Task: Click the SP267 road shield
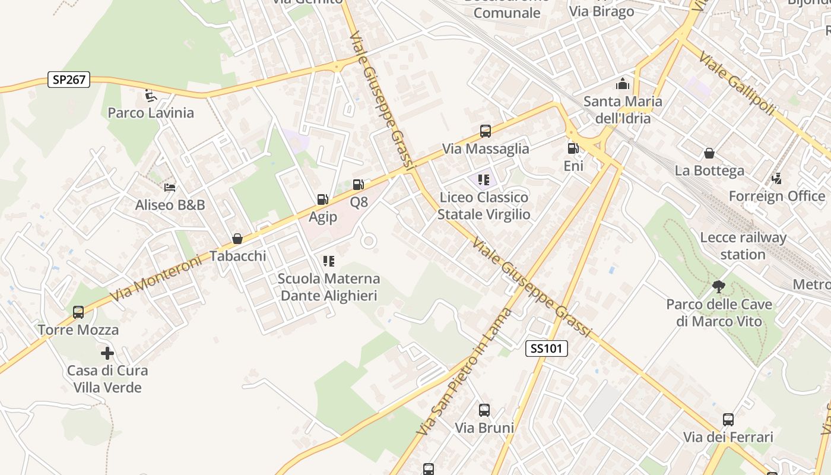69,80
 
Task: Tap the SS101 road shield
546,349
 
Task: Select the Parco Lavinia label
151,113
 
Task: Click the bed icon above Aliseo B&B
170,188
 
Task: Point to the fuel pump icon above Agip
322,199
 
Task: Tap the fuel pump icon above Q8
358,185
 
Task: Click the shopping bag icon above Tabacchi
237,239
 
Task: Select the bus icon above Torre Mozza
78,312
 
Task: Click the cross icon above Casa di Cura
107,353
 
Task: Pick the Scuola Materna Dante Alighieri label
329,287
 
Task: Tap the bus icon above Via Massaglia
485,131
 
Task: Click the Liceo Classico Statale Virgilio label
484,205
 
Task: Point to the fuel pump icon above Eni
573,148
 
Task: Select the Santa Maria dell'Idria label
623,110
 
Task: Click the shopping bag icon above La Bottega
709,153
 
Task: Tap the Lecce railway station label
743,246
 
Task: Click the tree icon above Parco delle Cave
718,287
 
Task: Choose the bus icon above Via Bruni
484,410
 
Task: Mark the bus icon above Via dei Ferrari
728,420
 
